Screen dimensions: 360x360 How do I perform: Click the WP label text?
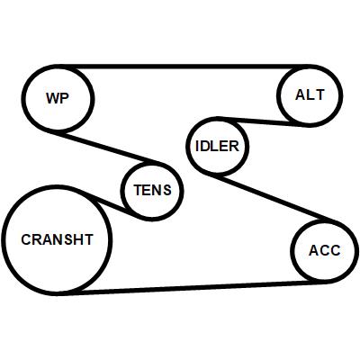[x=58, y=98]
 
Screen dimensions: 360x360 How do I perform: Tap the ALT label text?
[x=310, y=94]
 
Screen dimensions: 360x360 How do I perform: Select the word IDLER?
[x=217, y=146]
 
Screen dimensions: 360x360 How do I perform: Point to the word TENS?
[x=152, y=190]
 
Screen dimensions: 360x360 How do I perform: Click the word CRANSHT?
[x=57, y=239]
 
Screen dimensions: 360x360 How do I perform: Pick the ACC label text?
[x=325, y=251]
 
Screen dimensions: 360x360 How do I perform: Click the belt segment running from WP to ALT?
[x=184, y=67]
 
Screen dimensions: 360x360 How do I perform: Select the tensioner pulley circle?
[x=123, y=191]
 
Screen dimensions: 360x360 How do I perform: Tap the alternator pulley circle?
[x=279, y=95]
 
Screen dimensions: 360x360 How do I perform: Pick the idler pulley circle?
[x=188, y=145]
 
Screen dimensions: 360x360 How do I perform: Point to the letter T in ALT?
[x=319, y=94]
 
